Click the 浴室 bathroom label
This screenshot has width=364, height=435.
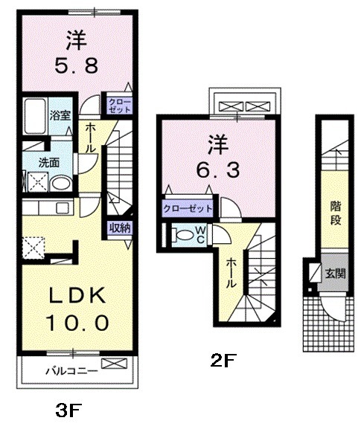coord(60,115)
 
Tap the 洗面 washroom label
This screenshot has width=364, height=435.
coord(49,163)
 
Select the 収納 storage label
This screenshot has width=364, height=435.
coord(119,228)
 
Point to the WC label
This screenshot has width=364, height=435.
coord(200,234)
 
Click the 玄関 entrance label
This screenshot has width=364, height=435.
coord(336,274)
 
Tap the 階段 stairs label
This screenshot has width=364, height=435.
coord(336,213)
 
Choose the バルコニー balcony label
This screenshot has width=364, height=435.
coord(71,371)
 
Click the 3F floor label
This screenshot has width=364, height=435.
coord(69,411)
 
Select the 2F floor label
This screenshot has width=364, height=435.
coord(223,361)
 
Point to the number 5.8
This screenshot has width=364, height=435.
coord(76,66)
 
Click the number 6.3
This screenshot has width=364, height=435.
coord(218,170)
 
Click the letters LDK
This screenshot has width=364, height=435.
coord(77,295)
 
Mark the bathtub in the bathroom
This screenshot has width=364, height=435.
coord(35,116)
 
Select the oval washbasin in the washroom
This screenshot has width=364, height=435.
coord(61,184)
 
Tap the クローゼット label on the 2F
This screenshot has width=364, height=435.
coord(188,208)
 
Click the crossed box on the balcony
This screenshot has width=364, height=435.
coord(114,364)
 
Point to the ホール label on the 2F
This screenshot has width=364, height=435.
coord(231,273)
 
